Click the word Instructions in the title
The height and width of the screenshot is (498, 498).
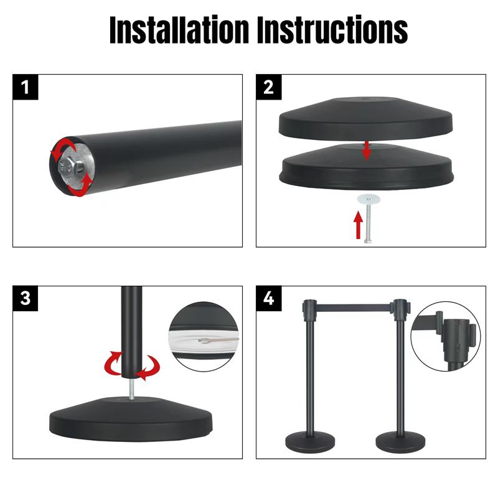(x=333, y=29)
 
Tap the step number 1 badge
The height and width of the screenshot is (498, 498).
(x=26, y=87)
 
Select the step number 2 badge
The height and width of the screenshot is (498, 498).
(x=269, y=87)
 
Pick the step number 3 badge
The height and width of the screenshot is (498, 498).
(x=26, y=298)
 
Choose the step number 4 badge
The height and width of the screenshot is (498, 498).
(x=269, y=298)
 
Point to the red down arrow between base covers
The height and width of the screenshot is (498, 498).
(x=367, y=149)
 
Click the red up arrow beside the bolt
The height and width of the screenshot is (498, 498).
(x=358, y=225)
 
